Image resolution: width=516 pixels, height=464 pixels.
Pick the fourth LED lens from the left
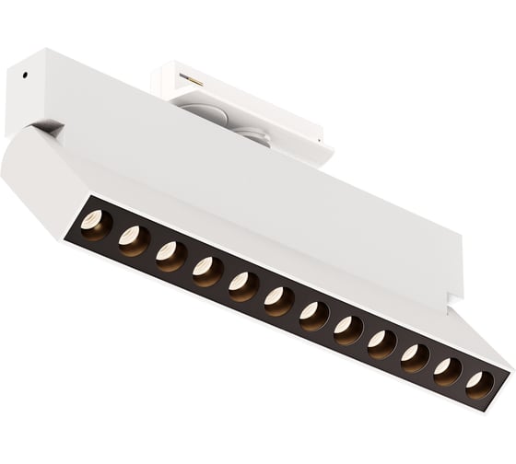coord(207,271)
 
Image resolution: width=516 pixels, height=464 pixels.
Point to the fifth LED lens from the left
coord(243,286)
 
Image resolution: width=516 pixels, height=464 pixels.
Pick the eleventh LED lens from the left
coord(447,371)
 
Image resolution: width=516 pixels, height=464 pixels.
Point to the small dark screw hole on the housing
coord(25,75)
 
